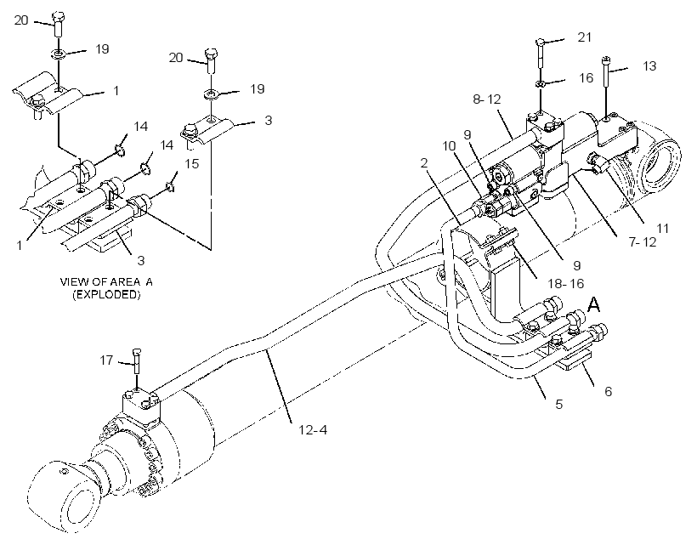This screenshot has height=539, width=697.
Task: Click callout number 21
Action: tap(585, 37)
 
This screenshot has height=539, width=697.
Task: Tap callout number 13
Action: tap(649, 65)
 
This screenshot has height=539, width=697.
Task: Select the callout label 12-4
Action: tap(313, 430)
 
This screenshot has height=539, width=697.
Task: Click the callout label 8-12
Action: tap(487, 99)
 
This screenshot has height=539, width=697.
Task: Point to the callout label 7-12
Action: tap(643, 242)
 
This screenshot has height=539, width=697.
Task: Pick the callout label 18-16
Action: tap(566, 283)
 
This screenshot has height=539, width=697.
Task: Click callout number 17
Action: tap(106, 360)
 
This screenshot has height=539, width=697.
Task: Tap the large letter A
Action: tap(594, 305)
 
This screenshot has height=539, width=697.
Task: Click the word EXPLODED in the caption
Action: tap(106, 294)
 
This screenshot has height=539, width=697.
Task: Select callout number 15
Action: tap(191, 164)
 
